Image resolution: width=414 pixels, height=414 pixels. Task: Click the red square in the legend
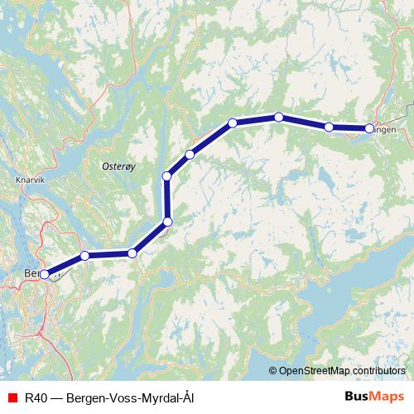point(12,398)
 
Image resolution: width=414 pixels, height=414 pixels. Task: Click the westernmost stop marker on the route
point(45,275)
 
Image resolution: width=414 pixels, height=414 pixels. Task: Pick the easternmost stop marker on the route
point(369,128)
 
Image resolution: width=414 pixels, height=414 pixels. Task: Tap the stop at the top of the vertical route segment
point(167,176)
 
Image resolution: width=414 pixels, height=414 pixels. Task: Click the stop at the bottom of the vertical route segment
point(167,221)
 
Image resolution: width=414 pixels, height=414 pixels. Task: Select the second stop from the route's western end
point(84,256)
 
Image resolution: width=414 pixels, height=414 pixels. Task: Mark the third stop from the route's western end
point(132,253)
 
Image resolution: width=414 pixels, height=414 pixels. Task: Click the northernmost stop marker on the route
point(279,117)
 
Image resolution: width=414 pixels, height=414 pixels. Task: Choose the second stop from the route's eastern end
point(329,127)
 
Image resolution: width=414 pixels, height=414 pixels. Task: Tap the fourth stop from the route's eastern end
point(233,123)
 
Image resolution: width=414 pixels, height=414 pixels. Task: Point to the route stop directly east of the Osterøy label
point(167,176)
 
